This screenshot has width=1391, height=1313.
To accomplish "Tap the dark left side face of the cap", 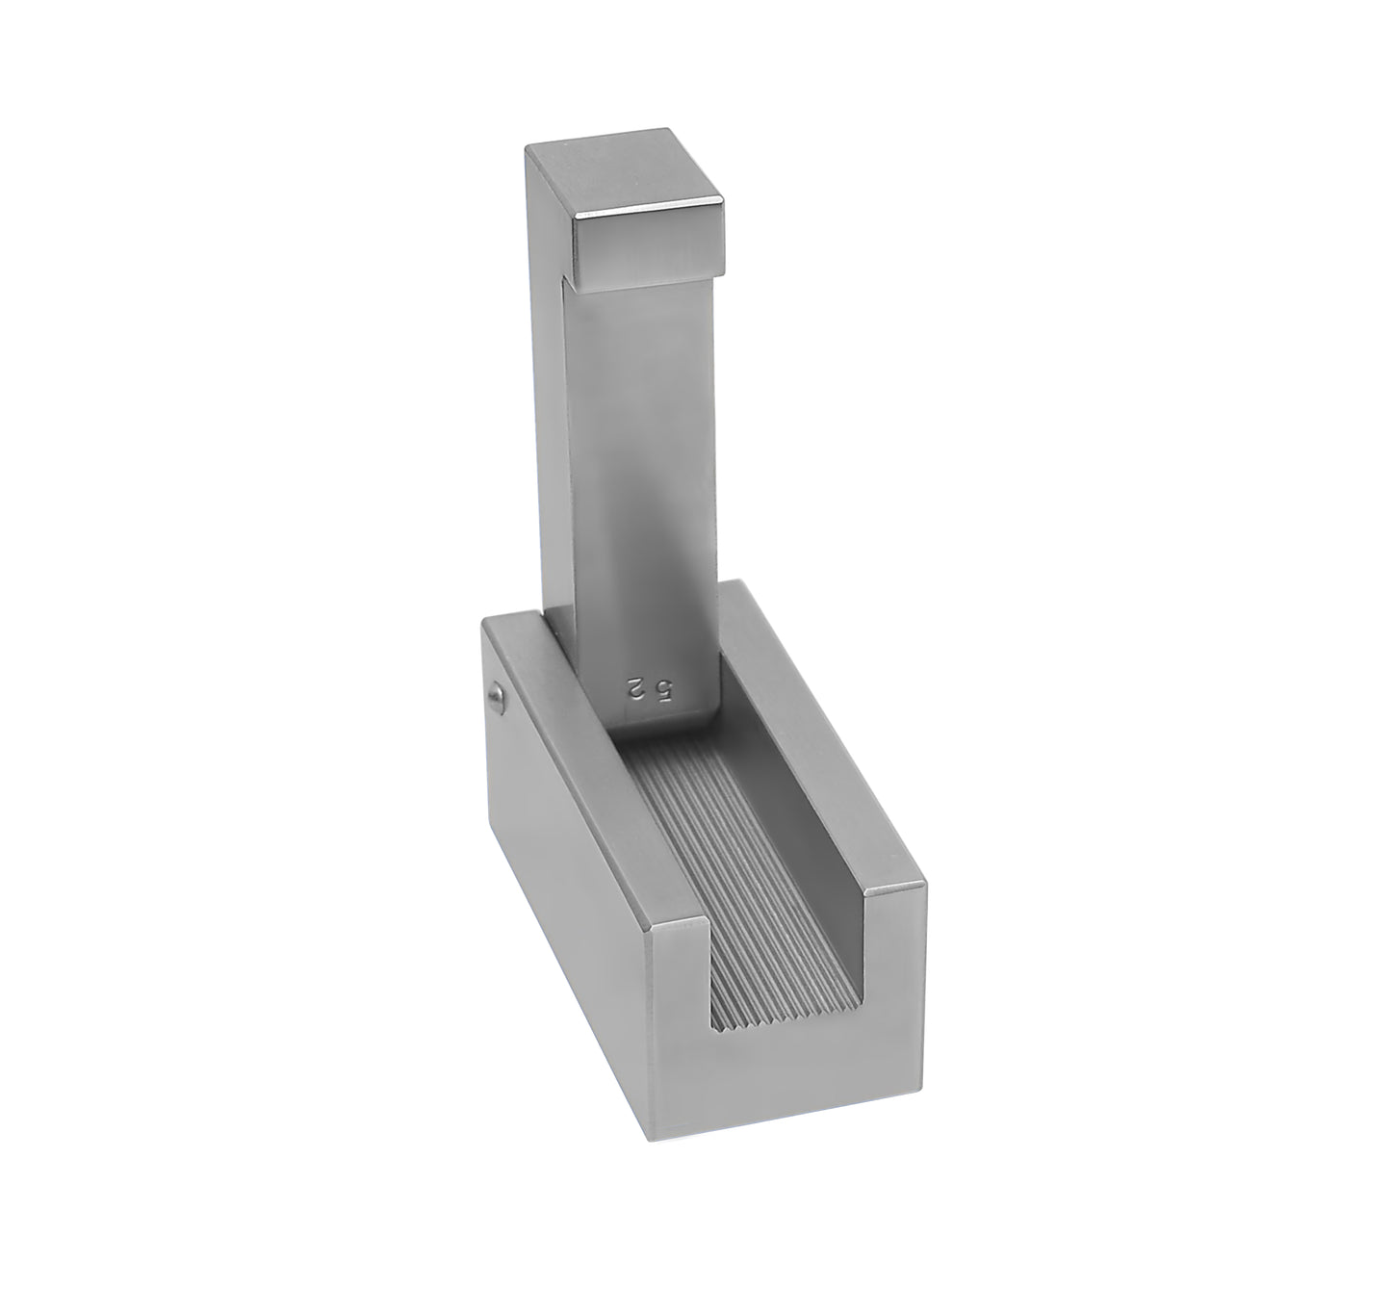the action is pyautogui.click(x=549, y=210).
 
